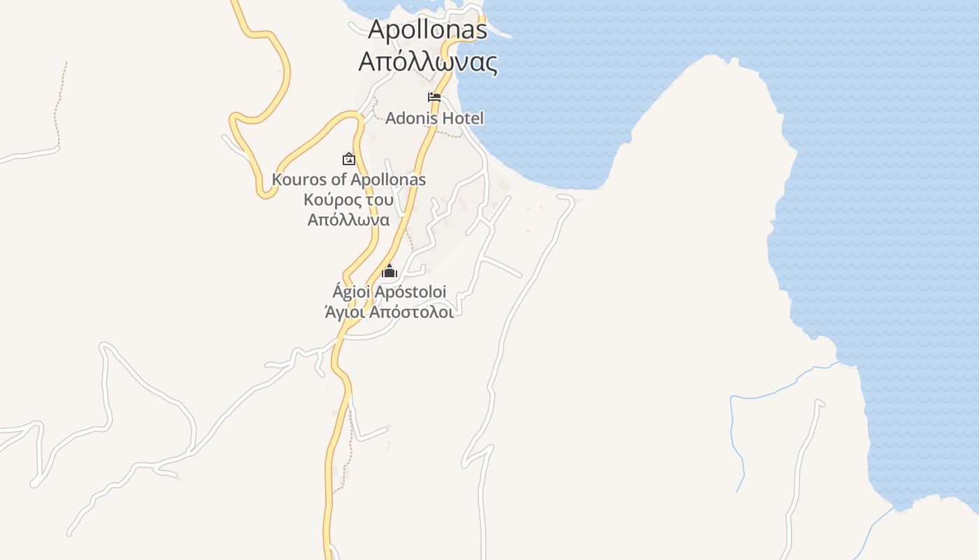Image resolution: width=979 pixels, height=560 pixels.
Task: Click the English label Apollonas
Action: (x=427, y=29)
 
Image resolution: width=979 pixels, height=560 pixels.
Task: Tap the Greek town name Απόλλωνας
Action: (x=427, y=62)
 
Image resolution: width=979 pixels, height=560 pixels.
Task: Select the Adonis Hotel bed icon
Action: (x=434, y=97)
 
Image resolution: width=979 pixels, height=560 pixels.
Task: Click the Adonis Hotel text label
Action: (x=434, y=118)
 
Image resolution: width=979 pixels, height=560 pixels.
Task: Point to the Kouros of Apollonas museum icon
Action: (x=348, y=159)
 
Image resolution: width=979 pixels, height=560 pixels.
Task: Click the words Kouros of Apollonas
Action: (x=348, y=179)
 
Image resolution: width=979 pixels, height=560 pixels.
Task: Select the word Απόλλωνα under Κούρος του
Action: (x=348, y=220)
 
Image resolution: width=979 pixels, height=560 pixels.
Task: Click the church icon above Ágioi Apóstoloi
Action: (x=389, y=271)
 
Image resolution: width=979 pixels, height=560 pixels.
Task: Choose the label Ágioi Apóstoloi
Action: (x=389, y=291)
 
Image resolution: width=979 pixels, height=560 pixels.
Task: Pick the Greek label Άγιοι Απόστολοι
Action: (x=389, y=312)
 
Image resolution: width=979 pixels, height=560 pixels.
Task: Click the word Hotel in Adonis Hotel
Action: (x=464, y=118)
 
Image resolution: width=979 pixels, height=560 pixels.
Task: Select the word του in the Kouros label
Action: (x=378, y=199)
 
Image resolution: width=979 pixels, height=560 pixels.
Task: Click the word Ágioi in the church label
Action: (x=351, y=291)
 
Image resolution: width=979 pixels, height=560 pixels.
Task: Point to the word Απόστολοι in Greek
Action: (x=411, y=312)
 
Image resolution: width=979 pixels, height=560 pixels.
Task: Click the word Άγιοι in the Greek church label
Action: (x=344, y=312)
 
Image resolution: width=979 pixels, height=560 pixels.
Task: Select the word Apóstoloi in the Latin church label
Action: (x=410, y=291)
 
